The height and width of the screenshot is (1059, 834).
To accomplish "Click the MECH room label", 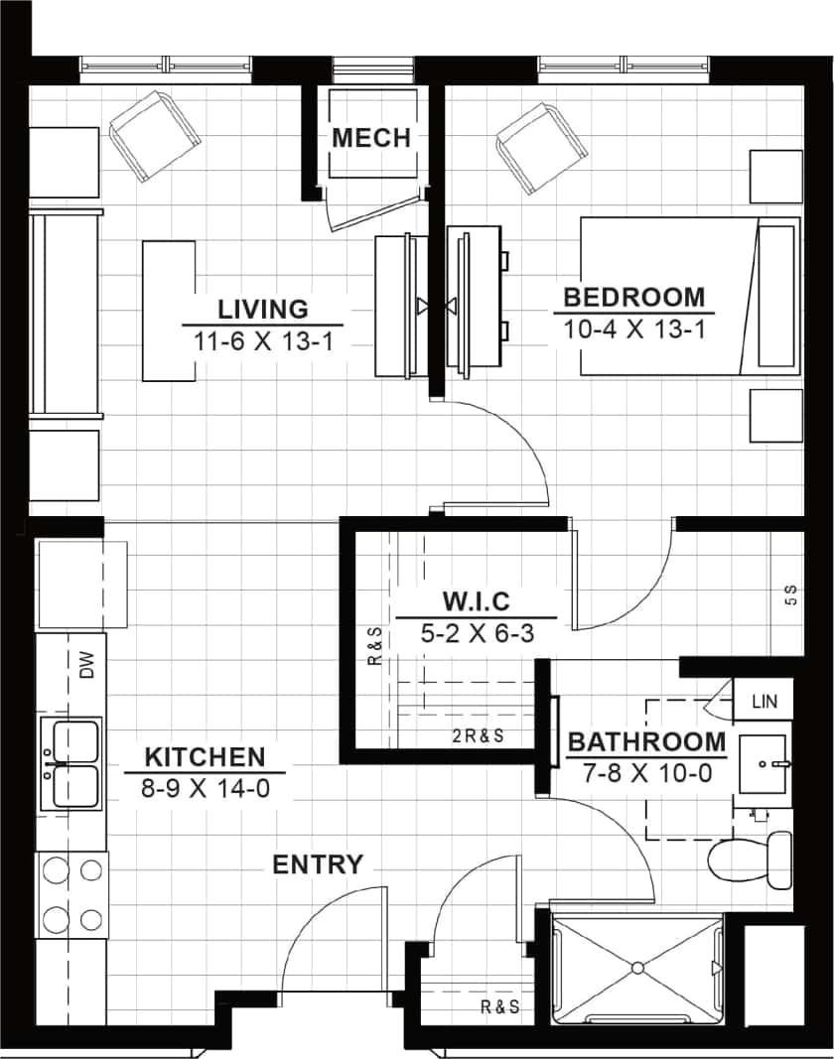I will coord(371,138).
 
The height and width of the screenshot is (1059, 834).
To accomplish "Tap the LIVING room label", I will coord(263,308).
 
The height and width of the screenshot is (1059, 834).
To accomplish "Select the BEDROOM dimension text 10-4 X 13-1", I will coord(634,330).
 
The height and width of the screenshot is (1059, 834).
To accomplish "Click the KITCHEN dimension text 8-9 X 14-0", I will coord(205,789).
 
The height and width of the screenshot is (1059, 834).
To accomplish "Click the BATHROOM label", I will coord(646,741).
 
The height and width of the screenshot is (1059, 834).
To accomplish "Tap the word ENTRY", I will coord(318,864).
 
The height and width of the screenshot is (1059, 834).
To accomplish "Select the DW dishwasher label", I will coord(86,665).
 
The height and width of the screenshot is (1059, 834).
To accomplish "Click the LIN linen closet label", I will coord(764,702).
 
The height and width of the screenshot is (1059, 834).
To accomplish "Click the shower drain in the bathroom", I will coord(637,967).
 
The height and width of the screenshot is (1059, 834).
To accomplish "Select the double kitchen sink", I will coord(71,764).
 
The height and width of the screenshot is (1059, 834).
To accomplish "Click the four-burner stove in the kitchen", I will coord(71,894).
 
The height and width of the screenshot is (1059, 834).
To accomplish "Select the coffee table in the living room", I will coord(168,310).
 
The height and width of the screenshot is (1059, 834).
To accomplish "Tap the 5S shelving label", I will coord(791,596).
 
